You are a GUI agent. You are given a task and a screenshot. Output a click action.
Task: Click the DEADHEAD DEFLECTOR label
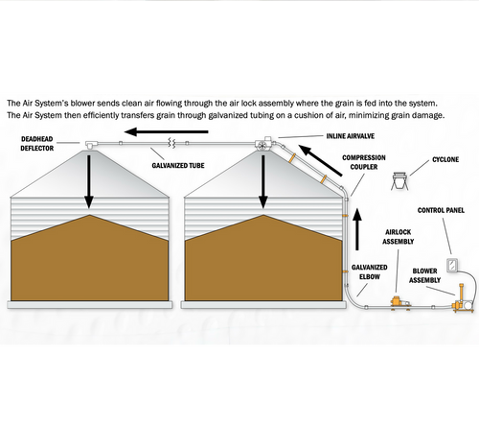click(x=37, y=144)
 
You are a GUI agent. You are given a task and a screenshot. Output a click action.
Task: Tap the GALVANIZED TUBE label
click(x=178, y=166)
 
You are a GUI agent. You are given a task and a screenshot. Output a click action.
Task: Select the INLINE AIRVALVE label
click(x=351, y=136)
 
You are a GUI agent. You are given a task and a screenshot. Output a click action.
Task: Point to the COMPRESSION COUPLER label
click(x=364, y=162)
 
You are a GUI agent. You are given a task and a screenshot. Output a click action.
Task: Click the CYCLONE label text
click(x=445, y=159)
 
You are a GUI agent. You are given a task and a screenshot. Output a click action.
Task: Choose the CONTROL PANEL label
click(x=441, y=210)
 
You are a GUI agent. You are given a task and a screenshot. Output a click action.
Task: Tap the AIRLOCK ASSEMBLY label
click(x=398, y=237)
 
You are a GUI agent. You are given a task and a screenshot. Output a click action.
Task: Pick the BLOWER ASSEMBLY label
click(x=424, y=275)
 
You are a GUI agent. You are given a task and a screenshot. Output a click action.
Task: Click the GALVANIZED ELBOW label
click(x=370, y=272)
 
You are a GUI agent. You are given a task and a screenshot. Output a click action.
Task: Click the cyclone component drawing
click(x=399, y=181)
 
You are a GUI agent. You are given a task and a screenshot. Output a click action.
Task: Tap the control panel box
click(x=452, y=265)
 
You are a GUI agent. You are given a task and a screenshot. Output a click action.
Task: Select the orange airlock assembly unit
click(x=400, y=302)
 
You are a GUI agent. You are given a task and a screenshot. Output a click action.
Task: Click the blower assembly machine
click(x=464, y=299)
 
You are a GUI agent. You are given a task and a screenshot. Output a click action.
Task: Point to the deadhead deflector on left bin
click(x=91, y=144)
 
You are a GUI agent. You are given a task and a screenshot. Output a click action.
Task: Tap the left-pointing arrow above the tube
click(x=167, y=131)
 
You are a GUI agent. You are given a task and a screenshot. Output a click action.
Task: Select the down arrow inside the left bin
click(x=89, y=182)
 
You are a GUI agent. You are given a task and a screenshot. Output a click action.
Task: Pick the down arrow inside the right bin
click(x=263, y=182)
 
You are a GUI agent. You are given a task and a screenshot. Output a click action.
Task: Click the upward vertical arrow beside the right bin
click(x=357, y=229)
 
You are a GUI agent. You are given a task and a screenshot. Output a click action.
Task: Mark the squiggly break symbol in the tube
click(x=172, y=143)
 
